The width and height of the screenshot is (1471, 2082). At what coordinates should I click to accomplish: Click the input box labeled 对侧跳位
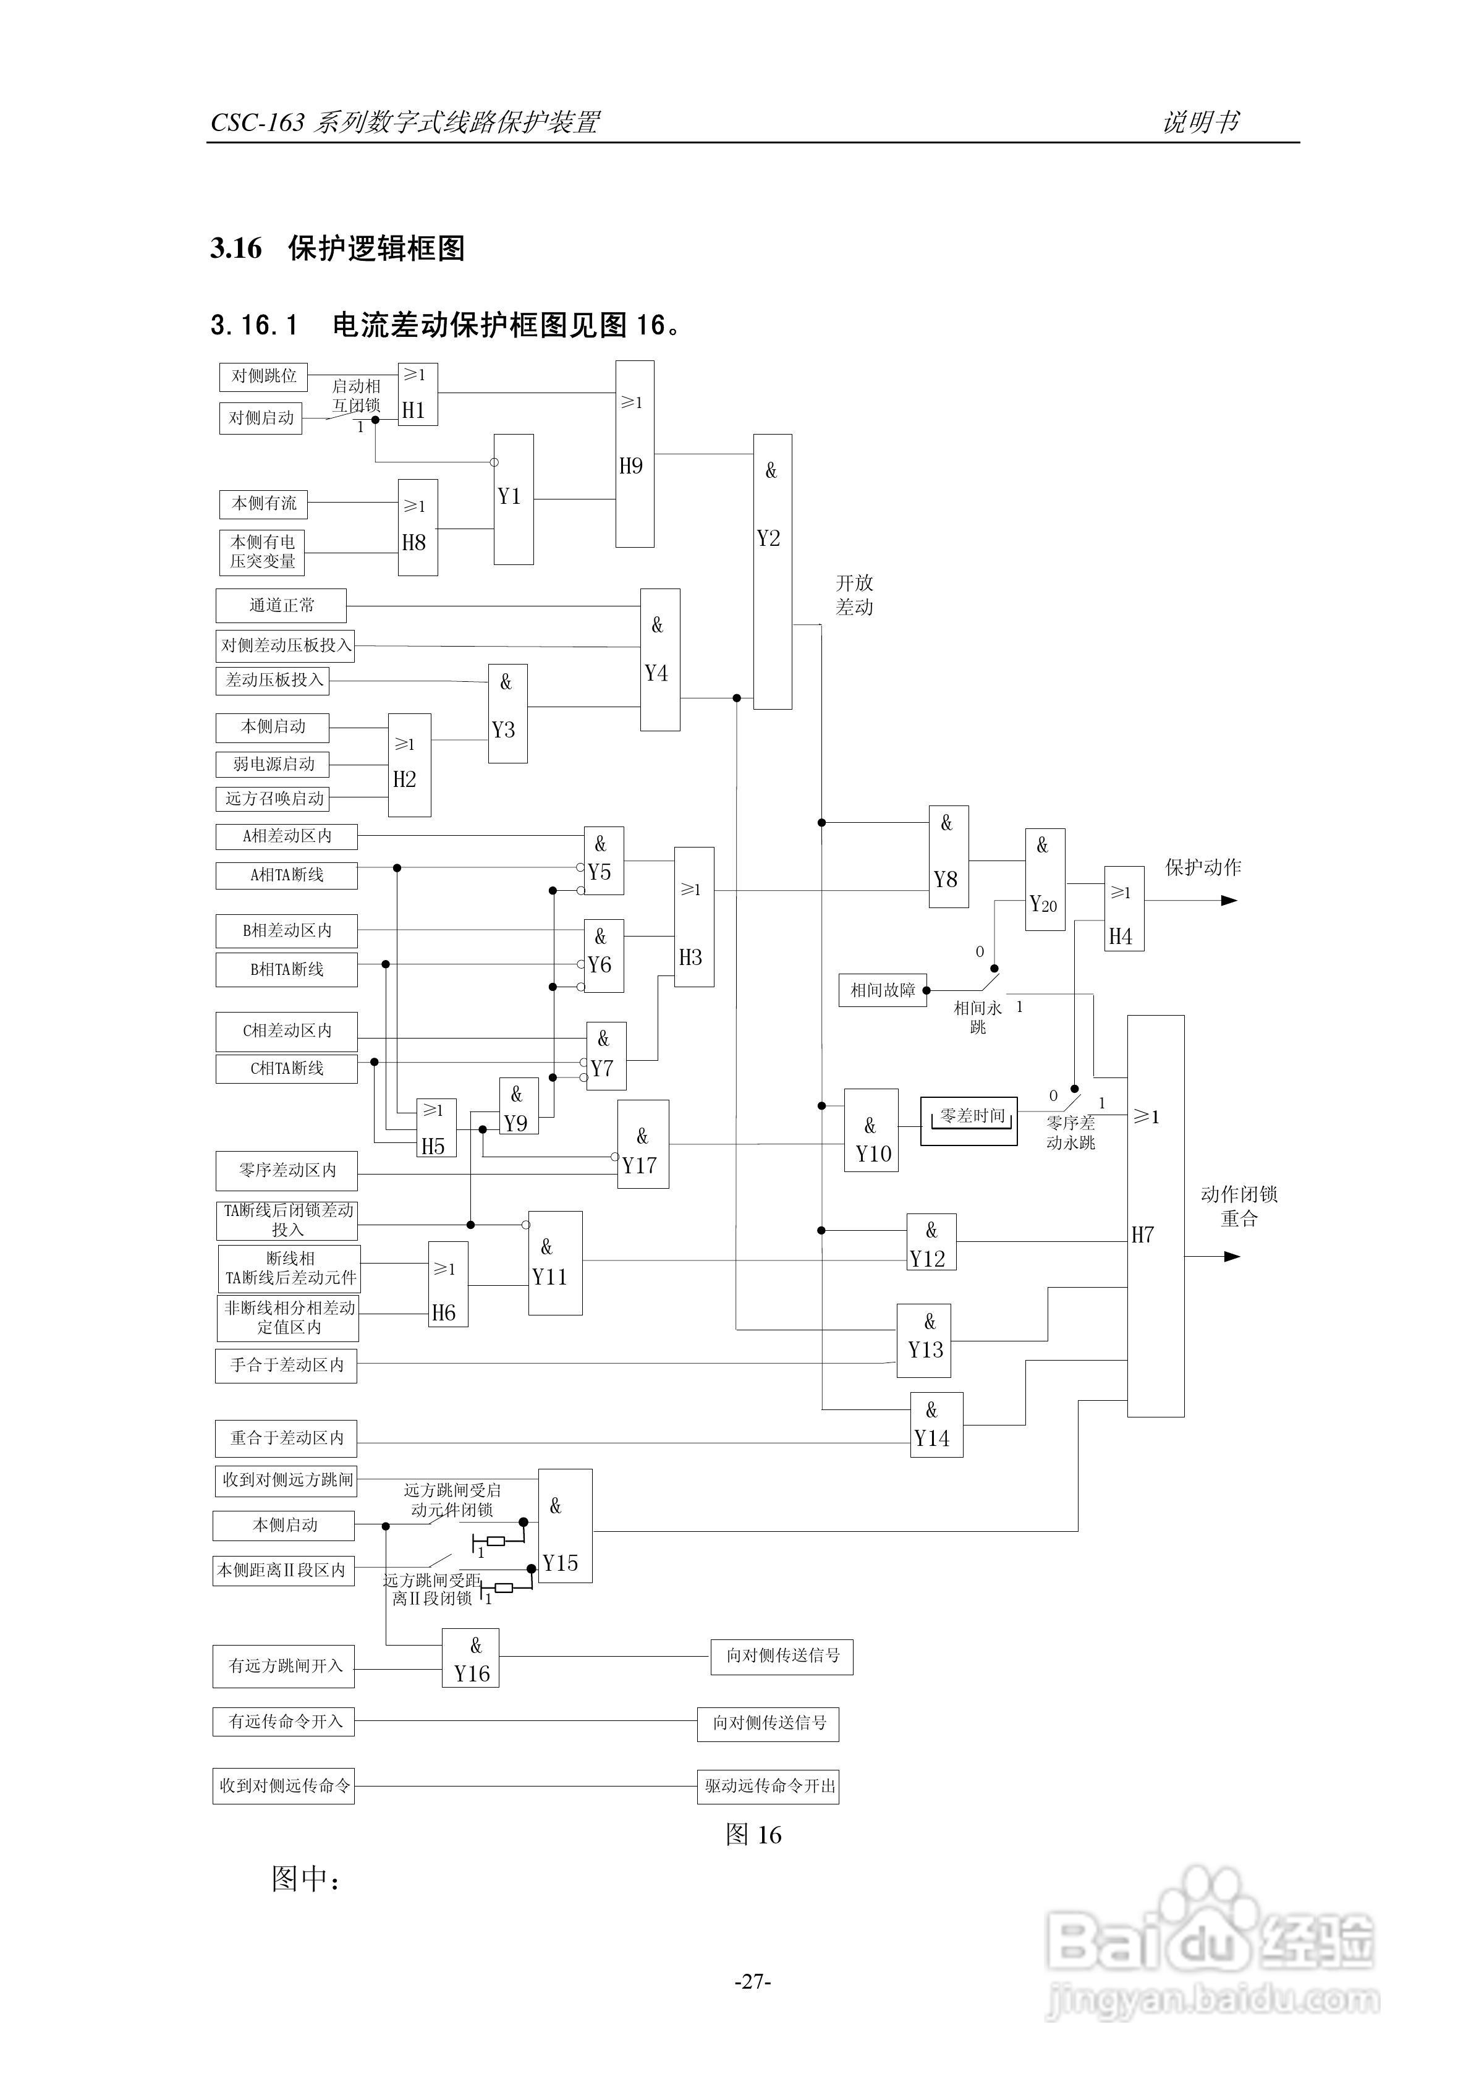coord(263,376)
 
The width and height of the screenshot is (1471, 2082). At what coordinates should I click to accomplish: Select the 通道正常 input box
coord(281,605)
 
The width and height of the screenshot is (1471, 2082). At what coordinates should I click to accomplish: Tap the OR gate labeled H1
coord(417,394)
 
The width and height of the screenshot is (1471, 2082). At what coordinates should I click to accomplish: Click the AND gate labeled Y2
coord(772,571)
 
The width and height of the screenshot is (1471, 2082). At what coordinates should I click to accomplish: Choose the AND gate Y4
coord(659,659)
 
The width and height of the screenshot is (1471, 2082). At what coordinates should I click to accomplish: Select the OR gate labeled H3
coord(694,917)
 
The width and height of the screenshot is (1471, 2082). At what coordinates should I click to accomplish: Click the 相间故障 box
coord(881,990)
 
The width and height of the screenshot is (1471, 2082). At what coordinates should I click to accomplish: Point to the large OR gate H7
coord(1155,1216)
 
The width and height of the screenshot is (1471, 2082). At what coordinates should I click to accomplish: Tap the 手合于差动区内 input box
coord(286,1366)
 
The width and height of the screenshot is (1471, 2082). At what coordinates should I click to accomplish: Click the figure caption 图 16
coord(753,1835)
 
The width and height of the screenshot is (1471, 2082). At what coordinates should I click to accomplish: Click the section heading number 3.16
coord(236,249)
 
